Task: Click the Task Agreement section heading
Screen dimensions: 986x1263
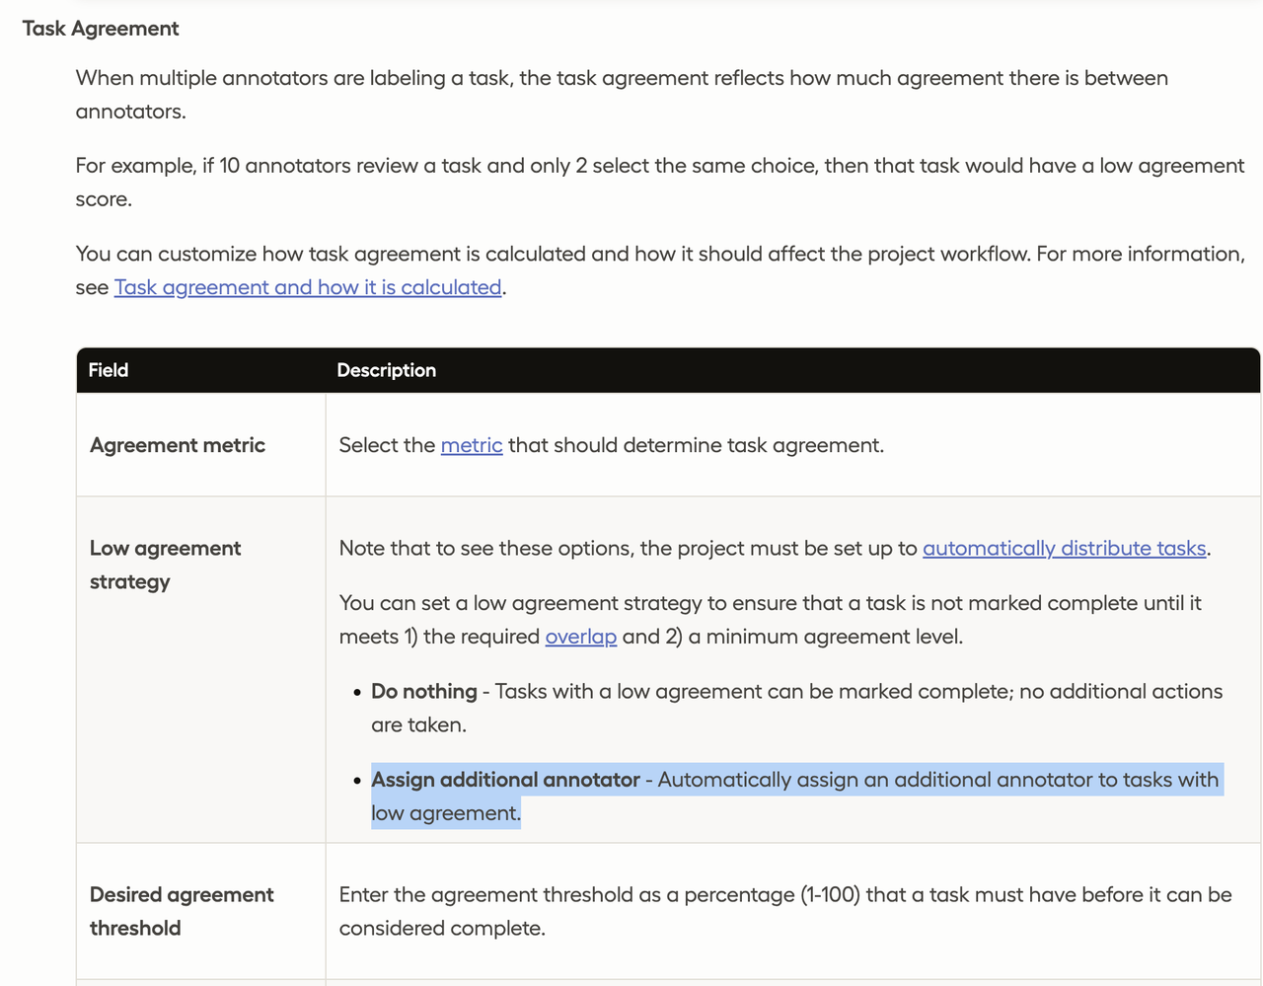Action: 101,29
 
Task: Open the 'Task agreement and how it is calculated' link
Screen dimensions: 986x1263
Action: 308,287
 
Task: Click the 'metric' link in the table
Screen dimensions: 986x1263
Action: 472,445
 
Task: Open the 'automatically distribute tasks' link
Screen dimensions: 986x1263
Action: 1064,548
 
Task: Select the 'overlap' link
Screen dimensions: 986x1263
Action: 581,637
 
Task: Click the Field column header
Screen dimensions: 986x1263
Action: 109,370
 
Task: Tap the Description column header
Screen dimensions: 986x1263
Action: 387,370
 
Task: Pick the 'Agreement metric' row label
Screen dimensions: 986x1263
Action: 178,445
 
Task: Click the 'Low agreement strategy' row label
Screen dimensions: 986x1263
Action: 165,565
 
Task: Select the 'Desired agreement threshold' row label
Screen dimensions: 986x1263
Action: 182,911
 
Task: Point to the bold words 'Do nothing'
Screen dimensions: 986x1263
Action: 424,692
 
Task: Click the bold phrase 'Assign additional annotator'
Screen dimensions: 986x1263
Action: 505,780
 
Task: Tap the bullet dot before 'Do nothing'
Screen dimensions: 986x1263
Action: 357,693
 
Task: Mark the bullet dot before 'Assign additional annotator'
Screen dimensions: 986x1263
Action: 357,781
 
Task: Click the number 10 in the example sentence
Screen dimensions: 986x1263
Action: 229,166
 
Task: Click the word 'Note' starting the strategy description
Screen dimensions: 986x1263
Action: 362,548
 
